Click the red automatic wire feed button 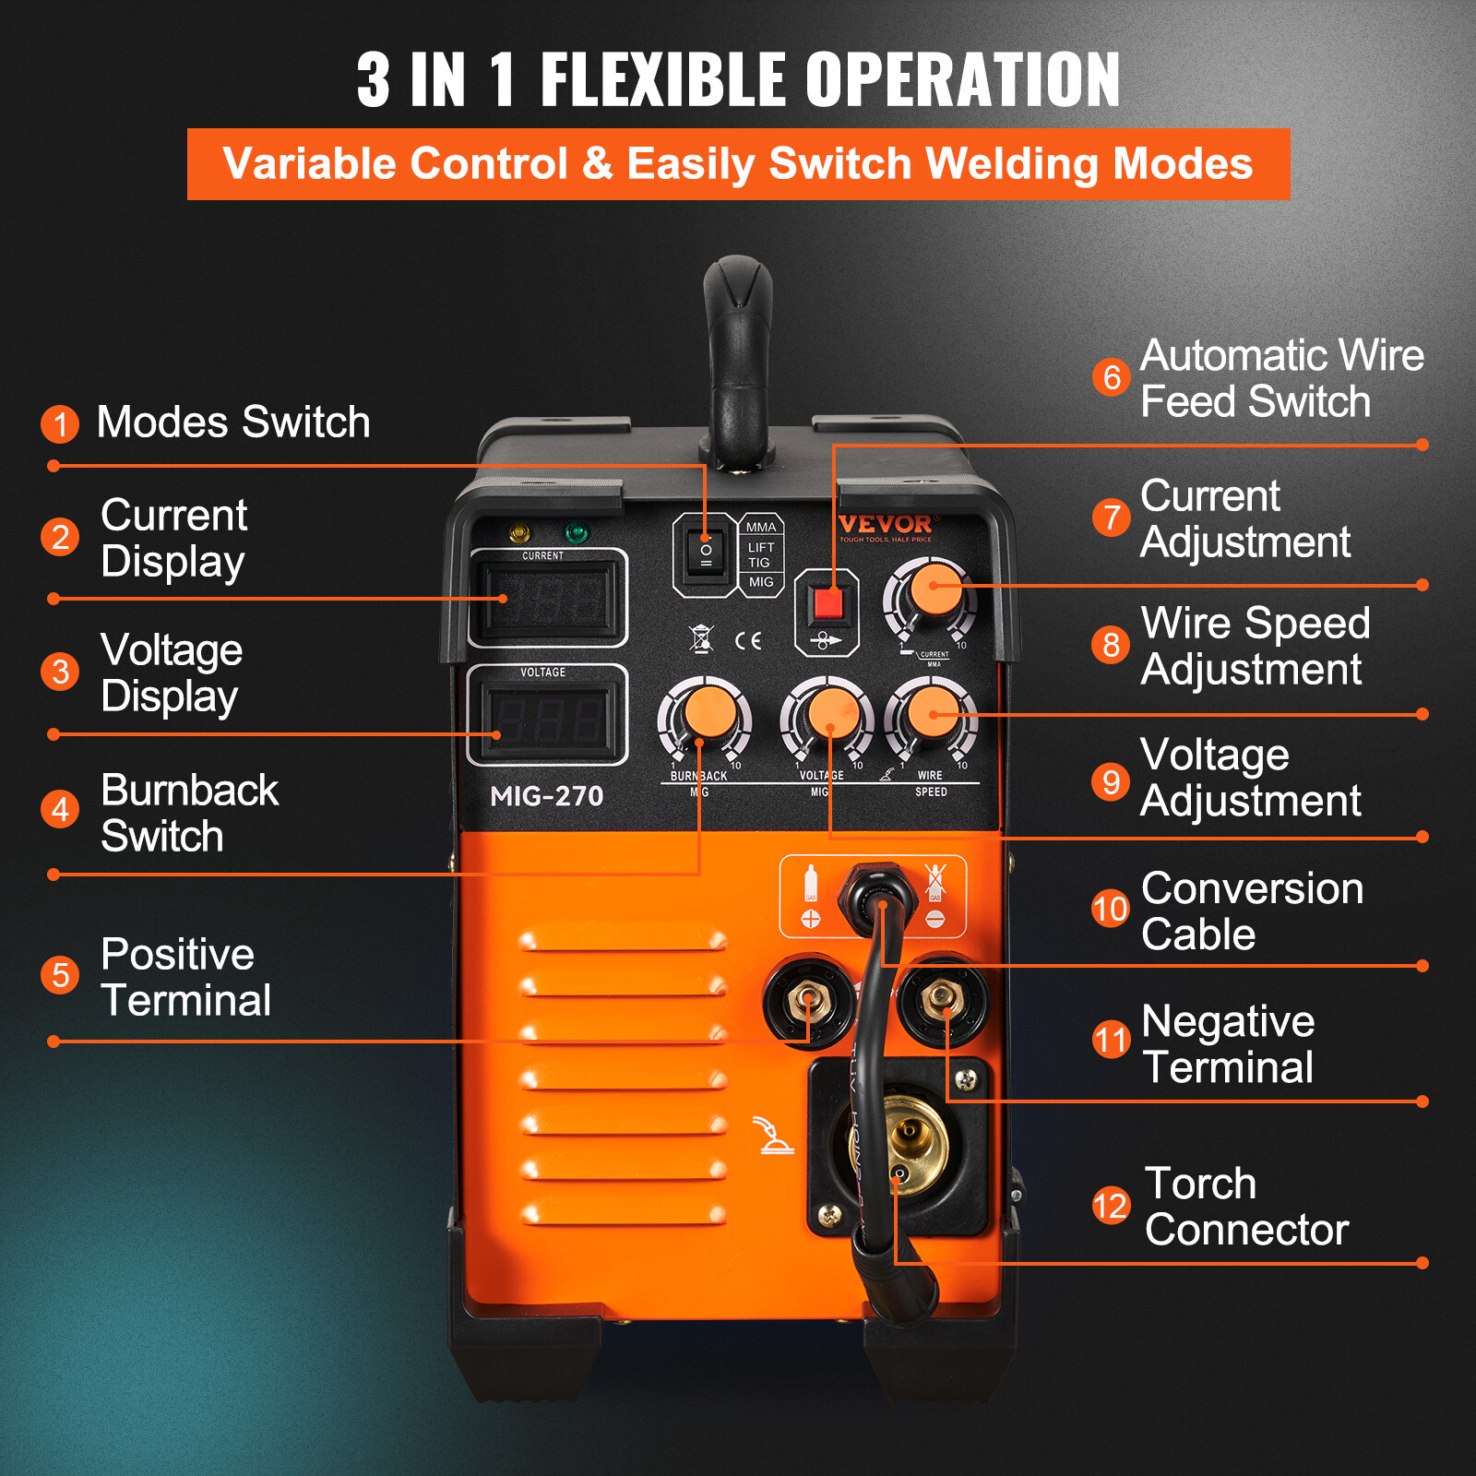tap(827, 604)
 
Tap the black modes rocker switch tap(705, 553)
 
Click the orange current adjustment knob tap(933, 590)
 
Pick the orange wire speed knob tap(933, 712)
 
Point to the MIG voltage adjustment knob tap(827, 714)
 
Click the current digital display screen tap(547, 600)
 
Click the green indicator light tap(576, 532)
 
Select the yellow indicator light tap(519, 532)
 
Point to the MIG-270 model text tap(546, 796)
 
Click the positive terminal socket tap(808, 1000)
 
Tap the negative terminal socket tap(942, 998)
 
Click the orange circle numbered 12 tap(1111, 1206)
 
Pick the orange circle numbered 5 tap(60, 975)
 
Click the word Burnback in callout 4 tap(189, 791)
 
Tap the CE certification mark tap(748, 640)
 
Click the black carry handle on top tap(737, 360)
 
